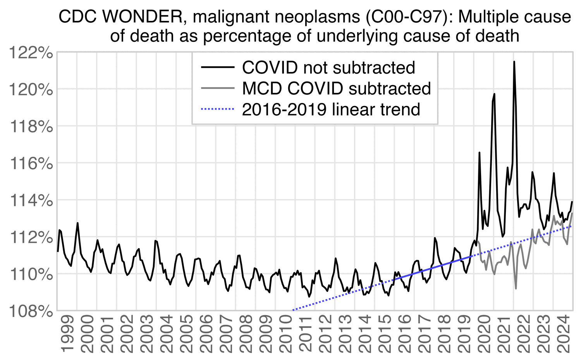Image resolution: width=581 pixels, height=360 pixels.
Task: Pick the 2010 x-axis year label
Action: (x=285, y=334)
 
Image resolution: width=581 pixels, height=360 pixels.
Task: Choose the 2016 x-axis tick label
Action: (x=404, y=334)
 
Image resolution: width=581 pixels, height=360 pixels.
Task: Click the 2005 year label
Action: (x=186, y=334)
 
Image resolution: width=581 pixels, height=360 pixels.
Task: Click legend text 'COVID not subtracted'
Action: (x=328, y=68)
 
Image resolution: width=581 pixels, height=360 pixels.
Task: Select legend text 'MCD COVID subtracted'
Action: (x=336, y=89)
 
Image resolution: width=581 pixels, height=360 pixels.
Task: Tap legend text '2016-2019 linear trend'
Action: (x=331, y=110)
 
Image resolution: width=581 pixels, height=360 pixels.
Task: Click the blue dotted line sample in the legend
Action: (x=218, y=110)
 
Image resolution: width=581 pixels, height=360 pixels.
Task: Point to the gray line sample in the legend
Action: (x=218, y=89)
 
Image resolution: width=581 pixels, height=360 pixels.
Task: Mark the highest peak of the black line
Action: (x=514, y=62)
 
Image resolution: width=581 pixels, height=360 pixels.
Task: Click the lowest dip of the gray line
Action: (x=516, y=288)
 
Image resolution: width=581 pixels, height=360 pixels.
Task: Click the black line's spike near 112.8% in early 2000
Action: (x=77, y=223)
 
